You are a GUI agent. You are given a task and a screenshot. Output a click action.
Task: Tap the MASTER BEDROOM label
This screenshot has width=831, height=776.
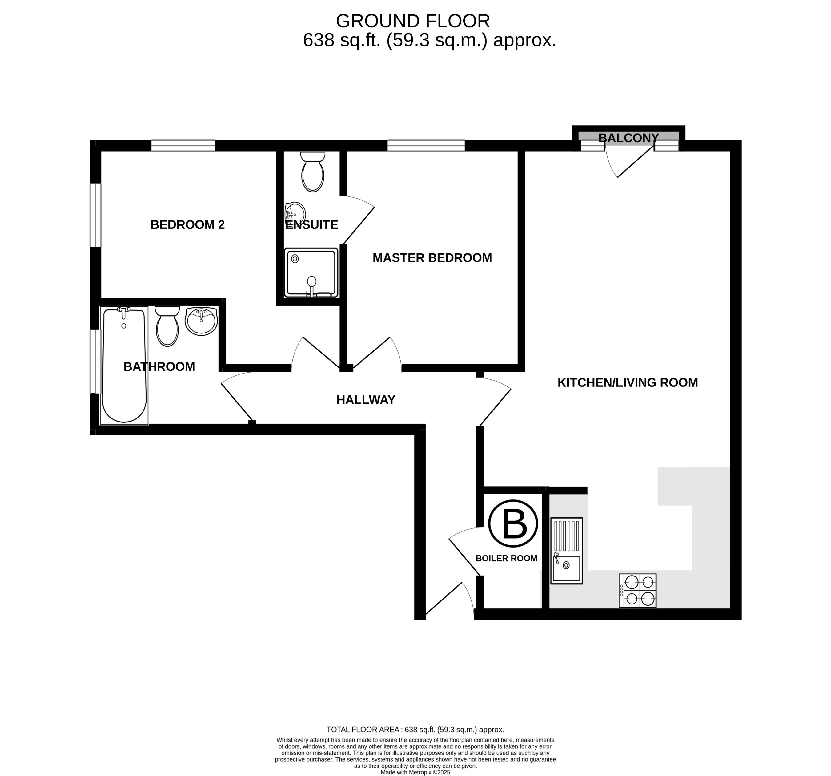click(x=432, y=258)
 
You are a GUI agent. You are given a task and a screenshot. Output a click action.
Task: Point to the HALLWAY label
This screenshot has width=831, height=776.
click(x=365, y=400)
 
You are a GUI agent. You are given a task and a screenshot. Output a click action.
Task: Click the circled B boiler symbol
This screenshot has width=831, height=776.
click(x=513, y=523)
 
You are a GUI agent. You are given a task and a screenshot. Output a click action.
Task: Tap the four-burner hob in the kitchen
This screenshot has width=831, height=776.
click(x=637, y=590)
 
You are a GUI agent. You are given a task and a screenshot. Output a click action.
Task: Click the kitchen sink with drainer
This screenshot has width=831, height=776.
click(x=566, y=551)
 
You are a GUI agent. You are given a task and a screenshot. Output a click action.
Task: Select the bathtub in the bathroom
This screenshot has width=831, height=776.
click(x=124, y=365)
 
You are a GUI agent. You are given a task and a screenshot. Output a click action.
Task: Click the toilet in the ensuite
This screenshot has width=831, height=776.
click(x=312, y=172)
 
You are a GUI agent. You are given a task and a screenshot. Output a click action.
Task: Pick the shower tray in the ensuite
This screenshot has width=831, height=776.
click(x=311, y=273)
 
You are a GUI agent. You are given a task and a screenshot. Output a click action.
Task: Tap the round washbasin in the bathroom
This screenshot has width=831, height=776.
click(x=201, y=321)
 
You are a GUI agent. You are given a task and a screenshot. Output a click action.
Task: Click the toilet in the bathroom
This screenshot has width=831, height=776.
click(x=167, y=326)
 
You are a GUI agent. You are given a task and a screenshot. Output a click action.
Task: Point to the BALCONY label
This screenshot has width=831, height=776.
click(x=628, y=138)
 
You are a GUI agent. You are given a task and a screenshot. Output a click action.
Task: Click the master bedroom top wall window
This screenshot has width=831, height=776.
click(x=426, y=146)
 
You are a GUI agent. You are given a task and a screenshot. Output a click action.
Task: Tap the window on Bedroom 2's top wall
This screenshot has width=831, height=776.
click(x=183, y=146)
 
